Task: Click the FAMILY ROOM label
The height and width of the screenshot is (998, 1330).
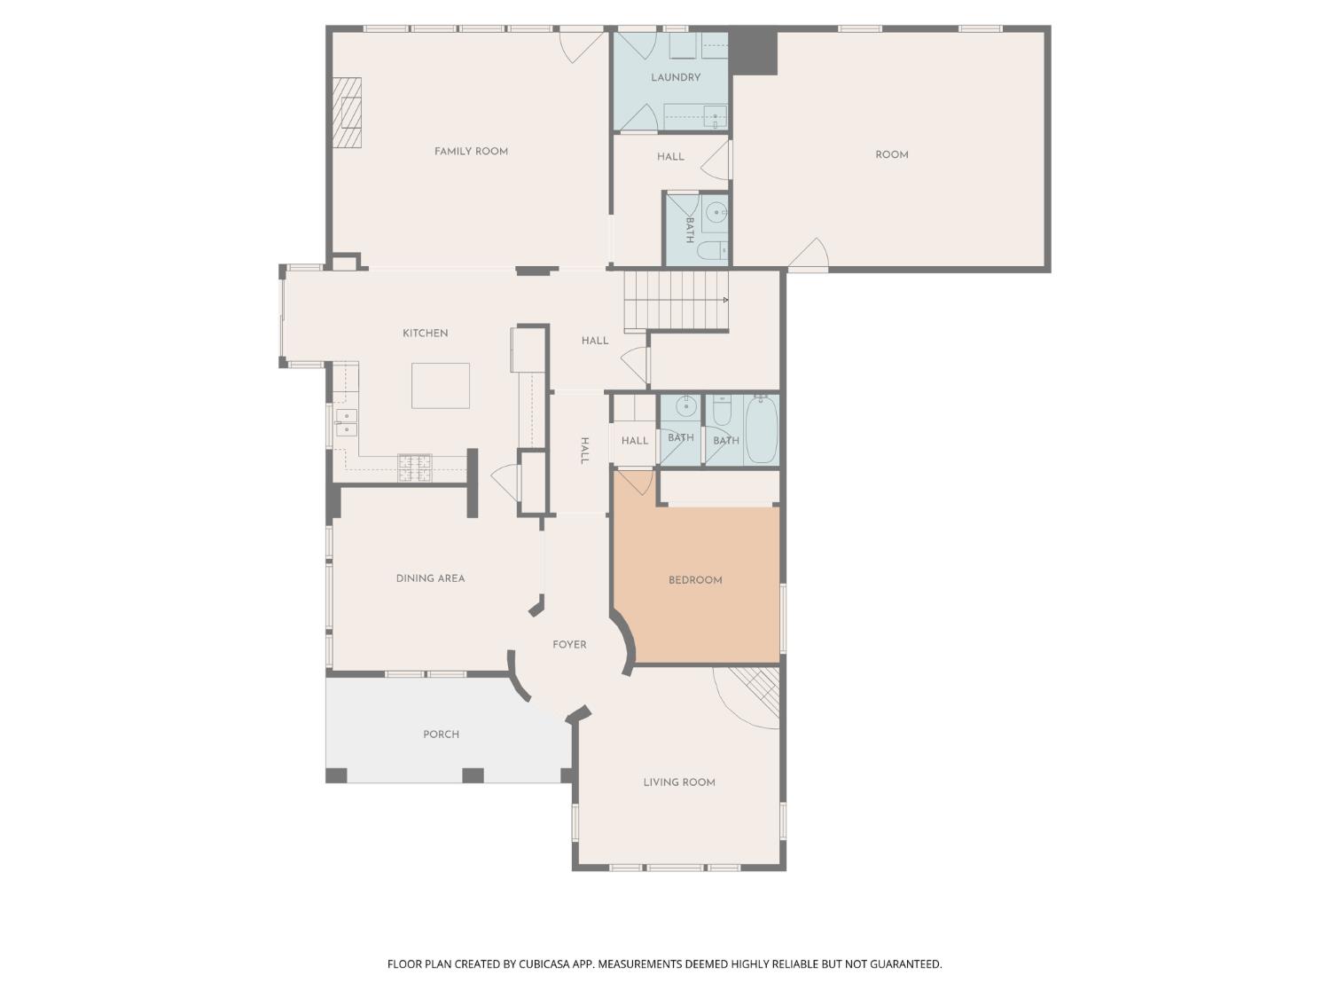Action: pos(471,152)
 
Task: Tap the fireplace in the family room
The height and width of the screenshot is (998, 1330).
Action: pos(348,113)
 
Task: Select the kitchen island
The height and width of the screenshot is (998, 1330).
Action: pos(441,386)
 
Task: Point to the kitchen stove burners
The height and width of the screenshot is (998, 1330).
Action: pos(415,468)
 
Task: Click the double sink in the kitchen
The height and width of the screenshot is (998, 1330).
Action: pos(346,423)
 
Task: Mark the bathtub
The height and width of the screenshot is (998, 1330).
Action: pos(762,430)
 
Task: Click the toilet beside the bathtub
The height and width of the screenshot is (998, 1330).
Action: pos(722,410)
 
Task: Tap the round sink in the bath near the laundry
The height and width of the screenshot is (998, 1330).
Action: pos(716,212)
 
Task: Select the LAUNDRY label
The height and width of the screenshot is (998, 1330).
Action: pos(676,78)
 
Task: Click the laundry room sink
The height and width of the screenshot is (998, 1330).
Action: pos(715,116)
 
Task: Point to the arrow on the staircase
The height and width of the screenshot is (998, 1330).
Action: pos(724,301)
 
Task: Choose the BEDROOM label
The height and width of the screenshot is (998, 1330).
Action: pos(695,580)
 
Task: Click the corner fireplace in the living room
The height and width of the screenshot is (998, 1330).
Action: pos(758,689)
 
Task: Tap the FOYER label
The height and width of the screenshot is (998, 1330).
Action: pos(569,645)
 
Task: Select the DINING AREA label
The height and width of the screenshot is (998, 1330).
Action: pos(430,578)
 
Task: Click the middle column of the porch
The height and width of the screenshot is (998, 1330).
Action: pos(473,775)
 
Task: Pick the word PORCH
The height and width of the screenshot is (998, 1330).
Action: pos(441,735)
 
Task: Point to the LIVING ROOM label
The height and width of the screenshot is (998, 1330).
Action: pos(679,782)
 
